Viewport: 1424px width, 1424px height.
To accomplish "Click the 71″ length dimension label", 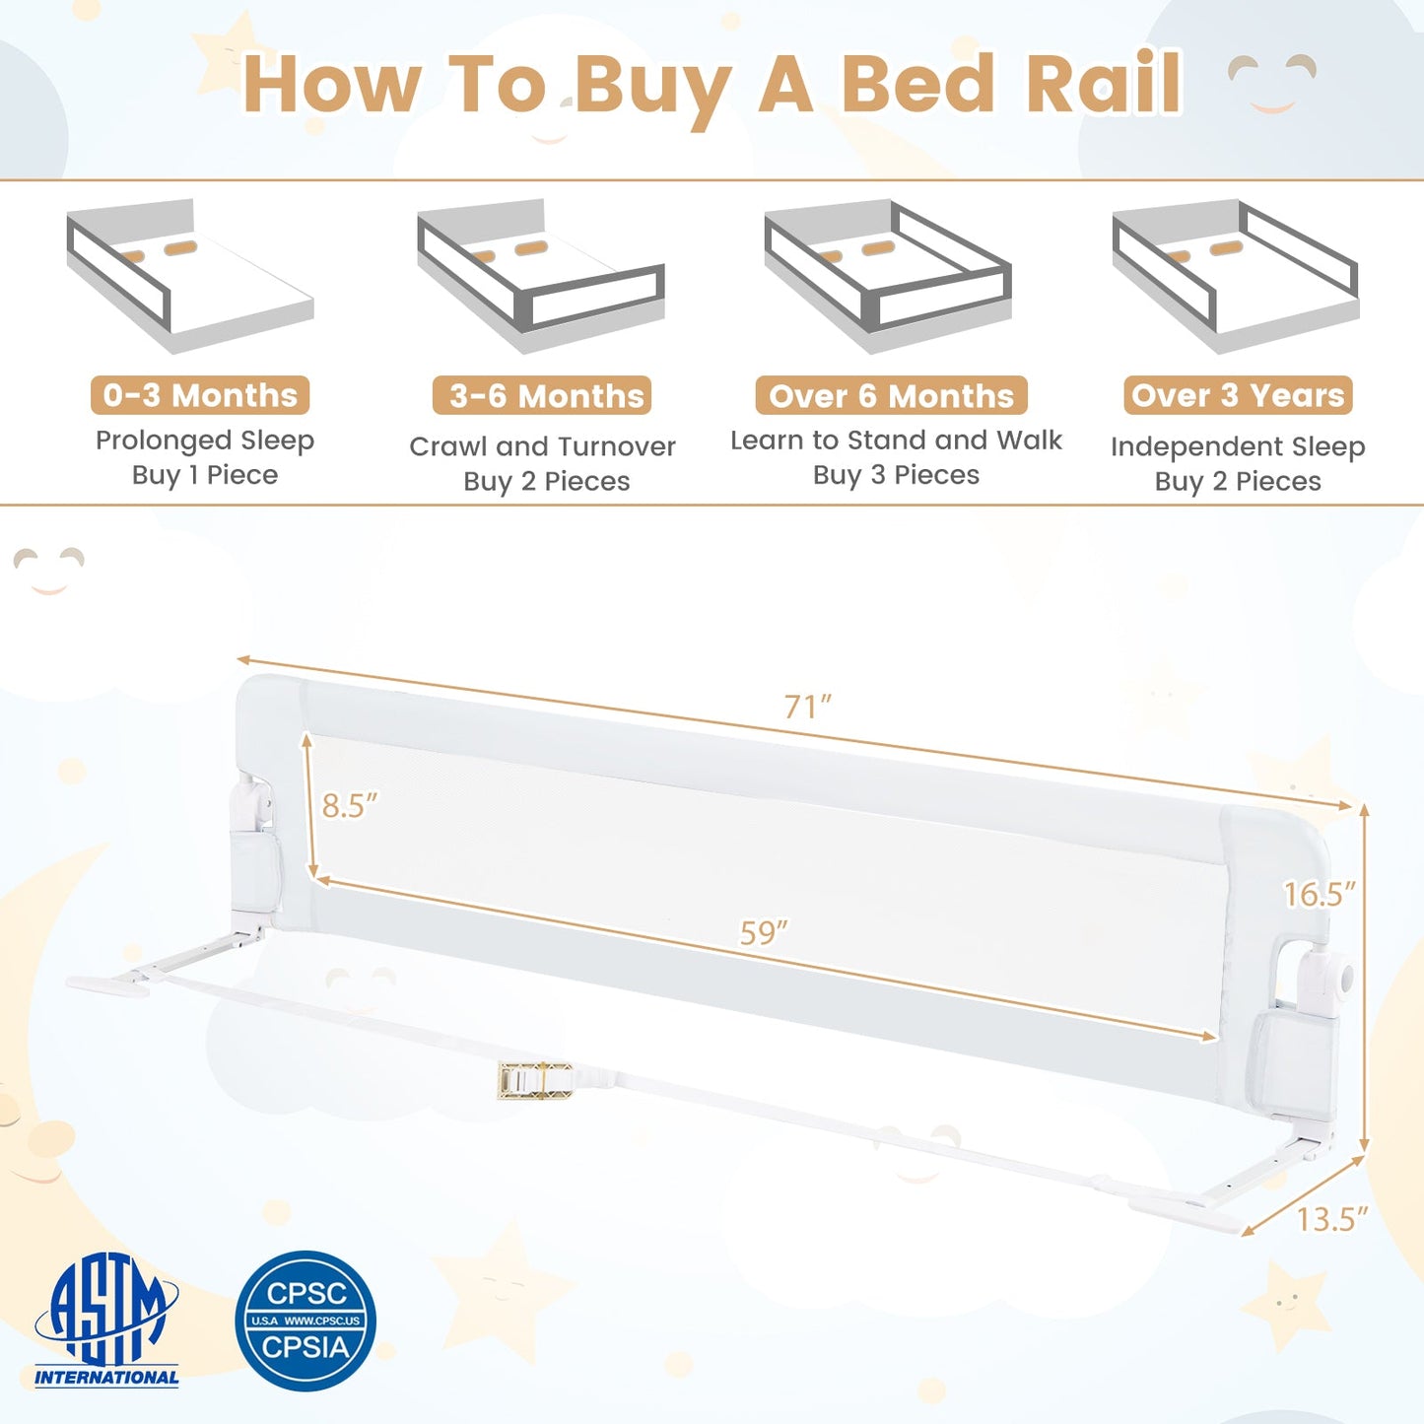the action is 808,707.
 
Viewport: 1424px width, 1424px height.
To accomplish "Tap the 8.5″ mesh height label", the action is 350,805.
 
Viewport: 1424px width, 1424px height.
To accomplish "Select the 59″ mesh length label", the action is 764,932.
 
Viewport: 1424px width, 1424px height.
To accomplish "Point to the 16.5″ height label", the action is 1320,894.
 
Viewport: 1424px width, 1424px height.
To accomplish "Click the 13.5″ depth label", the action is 1332,1219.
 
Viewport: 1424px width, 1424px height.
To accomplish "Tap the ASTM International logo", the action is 106,1320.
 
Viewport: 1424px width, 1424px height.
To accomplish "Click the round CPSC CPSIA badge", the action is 305,1321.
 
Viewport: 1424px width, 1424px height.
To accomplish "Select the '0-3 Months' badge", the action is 200,395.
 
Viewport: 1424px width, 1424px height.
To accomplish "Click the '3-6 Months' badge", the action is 542,395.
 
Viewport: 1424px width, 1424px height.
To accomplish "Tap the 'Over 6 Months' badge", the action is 891,395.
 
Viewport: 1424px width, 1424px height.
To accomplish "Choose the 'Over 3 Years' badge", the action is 1238,395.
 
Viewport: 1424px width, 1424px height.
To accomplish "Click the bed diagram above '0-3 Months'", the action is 190,275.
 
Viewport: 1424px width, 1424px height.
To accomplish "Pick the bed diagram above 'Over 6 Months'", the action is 888,275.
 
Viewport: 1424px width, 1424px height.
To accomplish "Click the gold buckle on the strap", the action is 535,1080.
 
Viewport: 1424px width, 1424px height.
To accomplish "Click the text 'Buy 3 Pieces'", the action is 896,475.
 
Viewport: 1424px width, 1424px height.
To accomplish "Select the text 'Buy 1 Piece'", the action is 205,475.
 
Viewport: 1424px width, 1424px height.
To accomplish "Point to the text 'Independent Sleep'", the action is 1238,447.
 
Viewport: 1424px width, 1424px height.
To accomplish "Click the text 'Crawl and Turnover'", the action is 542,446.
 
